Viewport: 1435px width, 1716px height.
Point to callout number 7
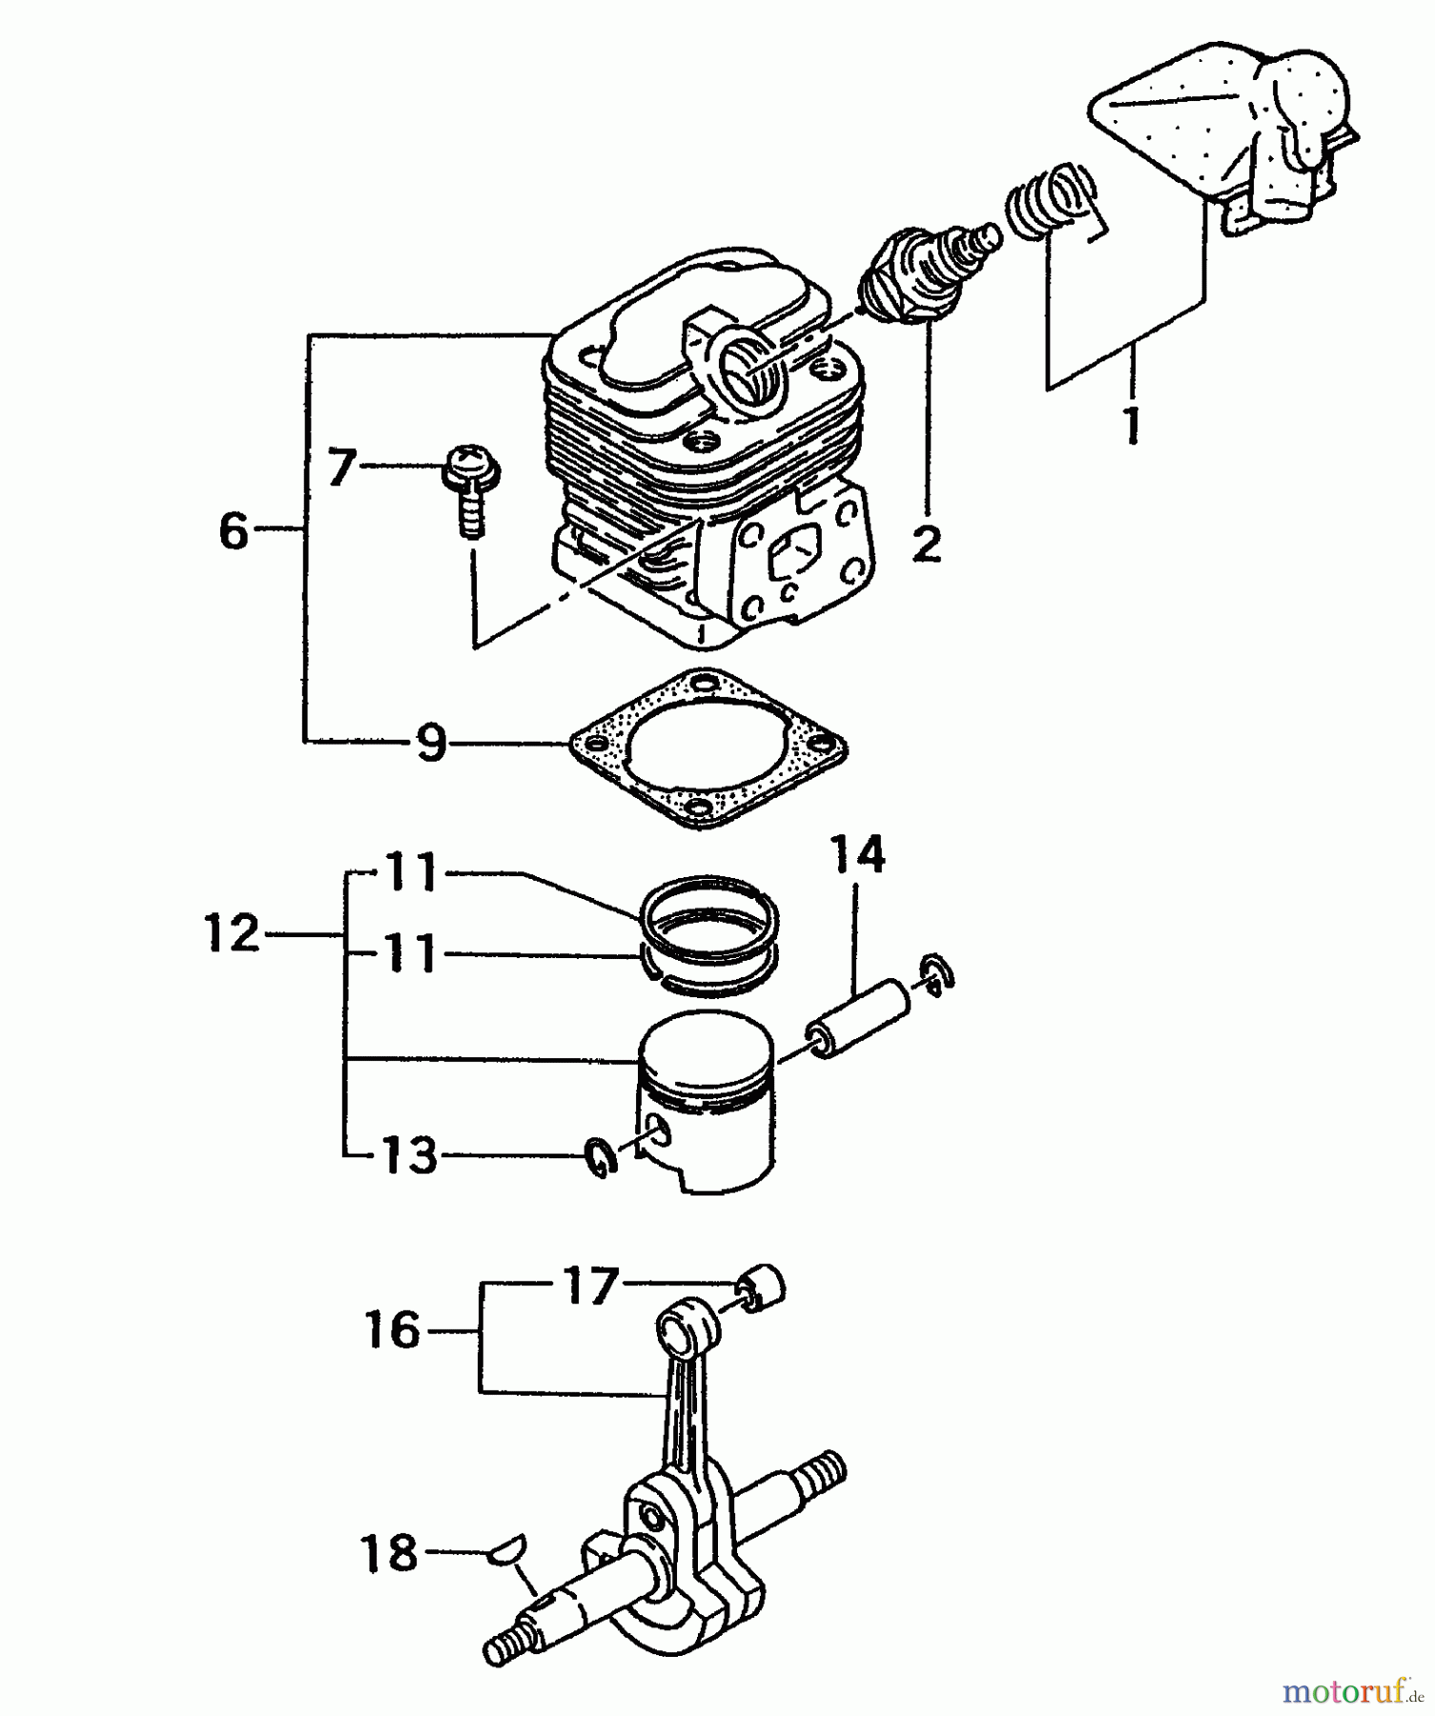tap(340, 468)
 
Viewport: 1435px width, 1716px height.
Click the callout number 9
tap(431, 742)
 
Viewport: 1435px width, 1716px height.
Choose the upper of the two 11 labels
tap(411, 872)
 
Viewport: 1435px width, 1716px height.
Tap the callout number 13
tap(409, 1155)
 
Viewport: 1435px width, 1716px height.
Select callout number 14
tap(857, 854)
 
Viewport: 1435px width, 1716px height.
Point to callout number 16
tap(392, 1329)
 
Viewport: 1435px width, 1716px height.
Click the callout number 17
tap(590, 1285)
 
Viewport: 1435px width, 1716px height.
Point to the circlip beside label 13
tap(600, 1156)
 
